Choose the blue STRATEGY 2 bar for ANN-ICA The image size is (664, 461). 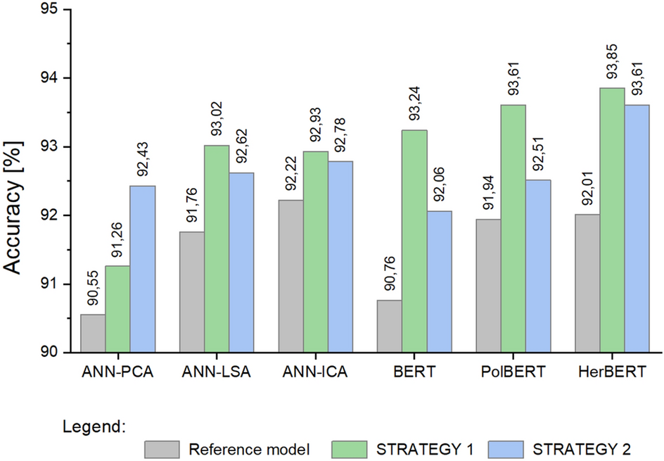click(x=340, y=257)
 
